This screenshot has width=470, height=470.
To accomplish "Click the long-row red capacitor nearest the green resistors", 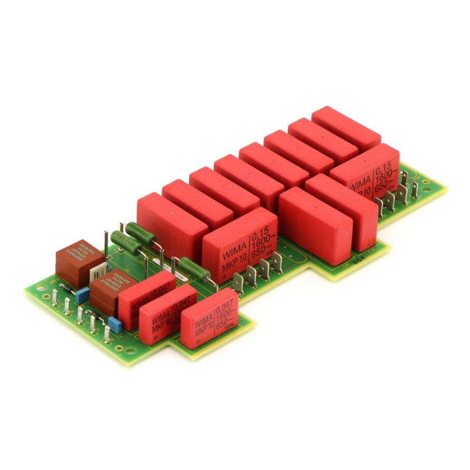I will click(163, 220).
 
